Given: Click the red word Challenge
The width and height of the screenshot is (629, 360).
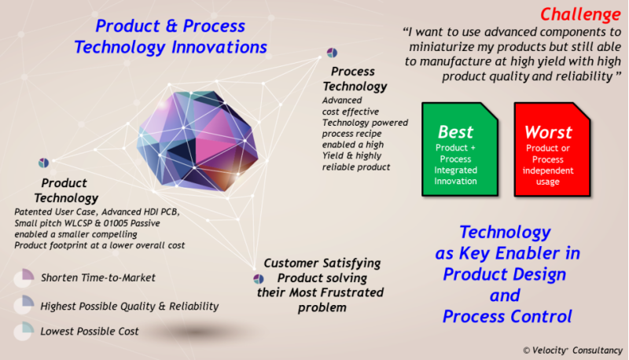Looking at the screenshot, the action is (x=580, y=14).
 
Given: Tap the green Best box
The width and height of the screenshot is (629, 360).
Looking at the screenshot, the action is (x=460, y=149).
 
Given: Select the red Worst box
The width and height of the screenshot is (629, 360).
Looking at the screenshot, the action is (x=552, y=149).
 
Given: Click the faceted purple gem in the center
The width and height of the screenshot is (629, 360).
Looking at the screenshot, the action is (x=197, y=141).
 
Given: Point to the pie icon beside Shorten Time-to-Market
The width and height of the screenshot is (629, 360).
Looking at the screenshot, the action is (x=24, y=277).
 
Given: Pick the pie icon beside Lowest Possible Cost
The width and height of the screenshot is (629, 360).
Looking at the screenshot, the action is (x=24, y=331).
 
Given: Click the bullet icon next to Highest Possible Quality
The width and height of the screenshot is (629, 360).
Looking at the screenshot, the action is (x=24, y=305).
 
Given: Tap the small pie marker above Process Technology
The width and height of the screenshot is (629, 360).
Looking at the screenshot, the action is (x=332, y=53).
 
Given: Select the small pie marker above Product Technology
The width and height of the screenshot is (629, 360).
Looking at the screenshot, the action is (x=44, y=163).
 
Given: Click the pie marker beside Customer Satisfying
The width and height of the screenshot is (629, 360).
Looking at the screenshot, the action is (x=259, y=278).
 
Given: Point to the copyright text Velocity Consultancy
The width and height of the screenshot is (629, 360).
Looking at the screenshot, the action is (x=572, y=351).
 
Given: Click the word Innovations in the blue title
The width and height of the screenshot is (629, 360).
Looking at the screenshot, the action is (x=219, y=47).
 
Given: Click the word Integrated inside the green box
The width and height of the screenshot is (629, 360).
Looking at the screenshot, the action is (x=456, y=170).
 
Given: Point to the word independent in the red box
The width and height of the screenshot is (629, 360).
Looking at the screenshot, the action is (x=548, y=171).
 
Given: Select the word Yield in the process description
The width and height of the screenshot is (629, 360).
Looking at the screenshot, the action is (x=333, y=156).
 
